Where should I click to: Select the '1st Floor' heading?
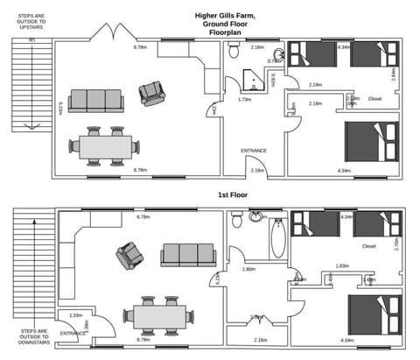234,194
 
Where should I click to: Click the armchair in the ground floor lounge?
152,92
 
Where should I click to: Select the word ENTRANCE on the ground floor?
254,151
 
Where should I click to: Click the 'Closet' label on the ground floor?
374,98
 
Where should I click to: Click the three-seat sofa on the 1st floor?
187,256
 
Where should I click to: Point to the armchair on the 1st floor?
129,256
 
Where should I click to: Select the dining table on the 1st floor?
159,314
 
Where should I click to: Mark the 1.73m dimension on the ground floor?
245,100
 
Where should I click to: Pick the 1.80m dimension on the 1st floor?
248,269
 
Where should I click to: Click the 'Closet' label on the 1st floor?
368,246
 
